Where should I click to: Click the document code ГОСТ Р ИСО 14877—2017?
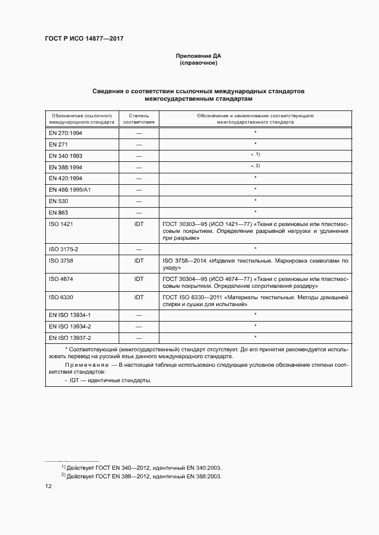(x=84, y=38)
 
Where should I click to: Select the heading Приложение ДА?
(x=198, y=56)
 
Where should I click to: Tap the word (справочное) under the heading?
(x=198, y=64)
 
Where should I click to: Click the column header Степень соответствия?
(x=139, y=118)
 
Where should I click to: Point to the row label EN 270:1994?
(x=65, y=133)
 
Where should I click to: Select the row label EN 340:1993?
(x=65, y=156)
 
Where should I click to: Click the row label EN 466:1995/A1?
(x=69, y=189)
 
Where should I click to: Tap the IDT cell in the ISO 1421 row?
(x=139, y=224)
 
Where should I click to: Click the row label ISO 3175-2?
(x=64, y=249)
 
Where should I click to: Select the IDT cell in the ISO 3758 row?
(x=139, y=260)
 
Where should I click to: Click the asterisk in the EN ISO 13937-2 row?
(x=255, y=337)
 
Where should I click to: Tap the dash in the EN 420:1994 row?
(x=139, y=179)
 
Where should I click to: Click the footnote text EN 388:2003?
(x=205, y=476)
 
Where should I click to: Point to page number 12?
(x=49, y=486)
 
